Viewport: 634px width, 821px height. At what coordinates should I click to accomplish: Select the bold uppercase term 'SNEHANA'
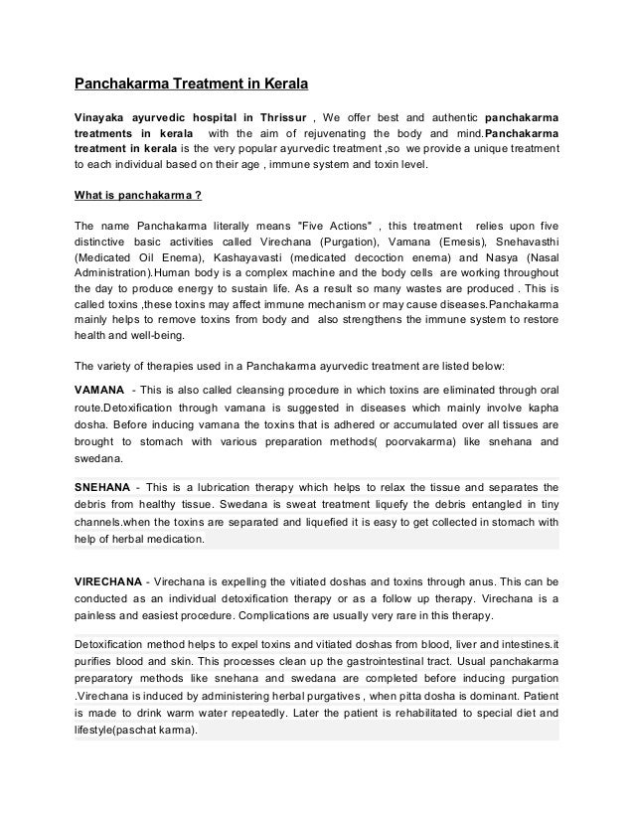[104, 488]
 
